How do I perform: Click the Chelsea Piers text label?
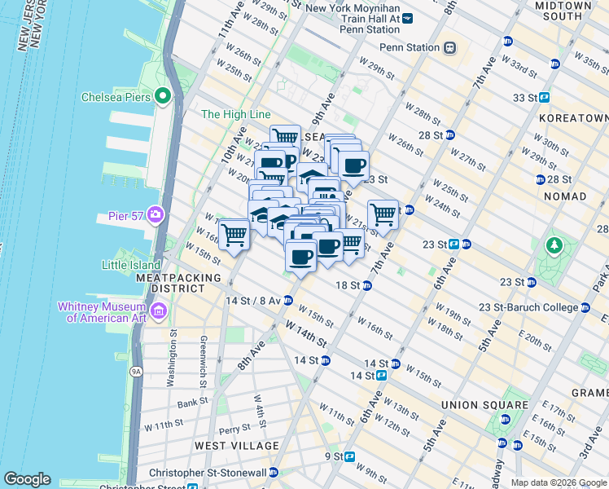pyautogui.click(x=117, y=97)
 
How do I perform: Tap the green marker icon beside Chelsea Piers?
pyautogui.click(x=163, y=97)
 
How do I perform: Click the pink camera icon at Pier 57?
pyautogui.click(x=155, y=215)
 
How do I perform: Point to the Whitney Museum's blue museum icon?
pyautogui.click(x=158, y=311)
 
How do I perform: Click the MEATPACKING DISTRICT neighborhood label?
pyautogui.click(x=178, y=283)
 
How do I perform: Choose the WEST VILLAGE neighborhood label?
pyautogui.click(x=236, y=446)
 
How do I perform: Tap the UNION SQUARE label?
pyautogui.click(x=484, y=405)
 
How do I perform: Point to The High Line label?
pyautogui.click(x=235, y=115)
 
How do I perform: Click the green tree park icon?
pyautogui.click(x=554, y=244)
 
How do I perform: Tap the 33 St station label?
pyautogui.click(x=525, y=97)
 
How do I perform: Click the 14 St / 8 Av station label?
pyautogui.click(x=252, y=300)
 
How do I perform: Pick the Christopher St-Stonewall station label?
pyautogui.click(x=208, y=473)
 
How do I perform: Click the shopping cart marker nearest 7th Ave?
pyautogui.click(x=383, y=216)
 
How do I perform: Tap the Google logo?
pyautogui.click(x=27, y=479)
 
